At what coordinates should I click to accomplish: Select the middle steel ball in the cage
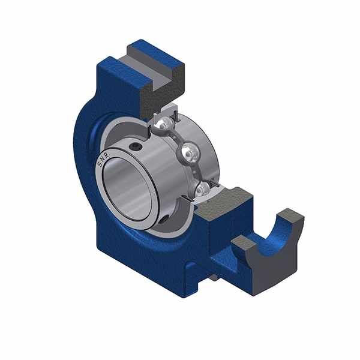[190, 151]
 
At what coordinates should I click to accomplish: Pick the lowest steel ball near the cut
[203, 189]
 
